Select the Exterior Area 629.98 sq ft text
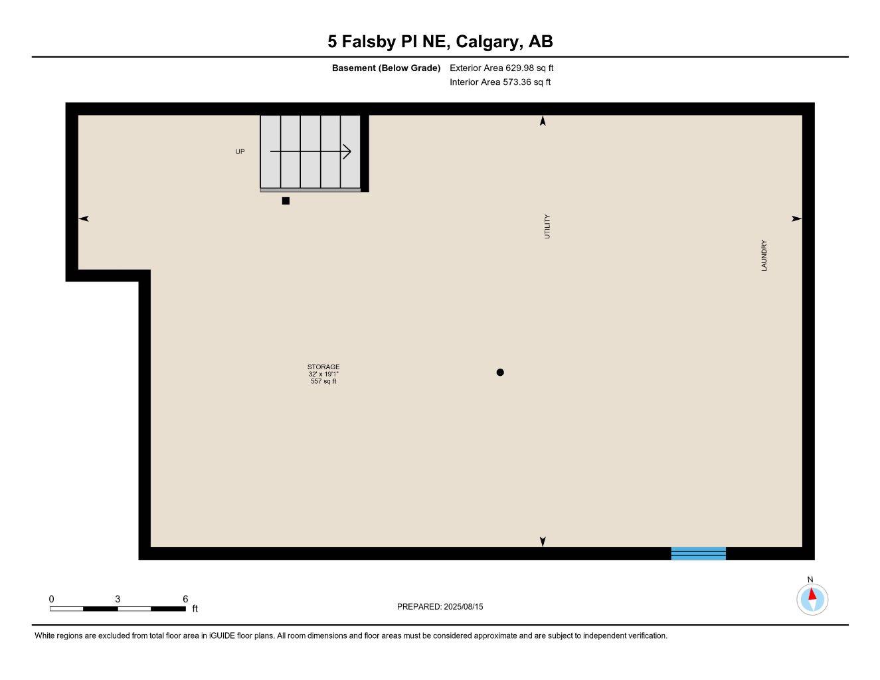pyautogui.click(x=501, y=68)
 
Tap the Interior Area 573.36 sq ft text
pyautogui.click(x=500, y=82)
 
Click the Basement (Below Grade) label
pyautogui.click(x=386, y=68)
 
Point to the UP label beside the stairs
pyautogui.click(x=240, y=152)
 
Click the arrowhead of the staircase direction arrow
pyautogui.click(x=347, y=152)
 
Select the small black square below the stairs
pyautogui.click(x=286, y=201)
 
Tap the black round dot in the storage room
pyautogui.click(x=500, y=373)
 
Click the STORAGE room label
pyautogui.click(x=323, y=367)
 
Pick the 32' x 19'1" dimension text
pyautogui.click(x=323, y=374)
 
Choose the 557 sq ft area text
pyautogui.click(x=323, y=381)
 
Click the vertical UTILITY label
pyautogui.click(x=547, y=226)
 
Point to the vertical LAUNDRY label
pyautogui.click(x=764, y=256)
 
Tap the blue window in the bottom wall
pyautogui.click(x=698, y=553)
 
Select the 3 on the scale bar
pyautogui.click(x=118, y=599)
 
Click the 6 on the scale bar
pyautogui.click(x=185, y=599)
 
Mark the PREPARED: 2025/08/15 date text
pyautogui.click(x=440, y=606)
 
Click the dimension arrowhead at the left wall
pyautogui.click(x=84, y=218)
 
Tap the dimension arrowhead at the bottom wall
pyautogui.click(x=543, y=542)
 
